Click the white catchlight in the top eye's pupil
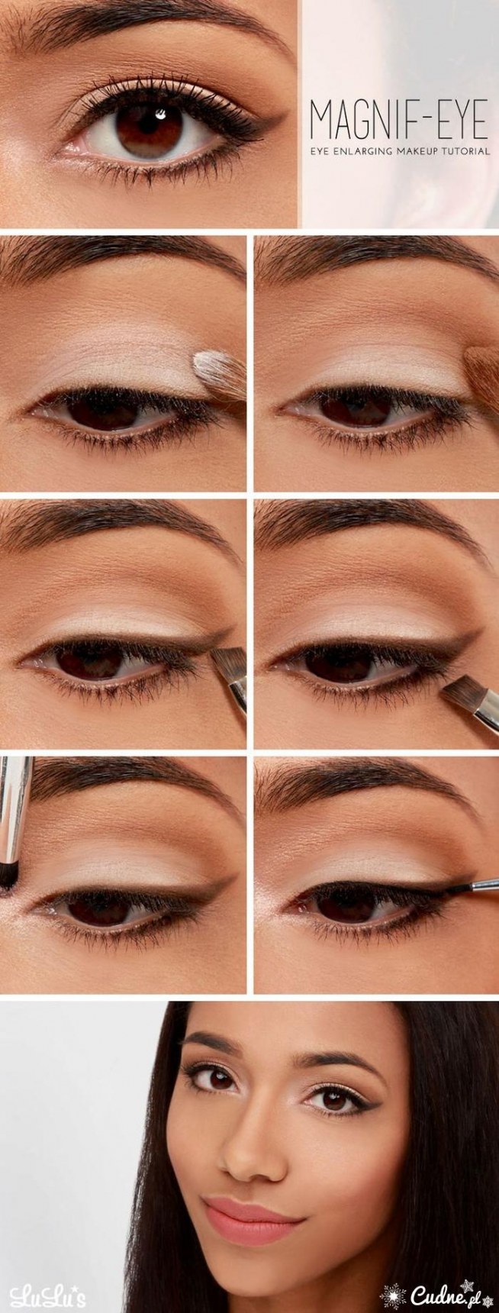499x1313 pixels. (x=161, y=115)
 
